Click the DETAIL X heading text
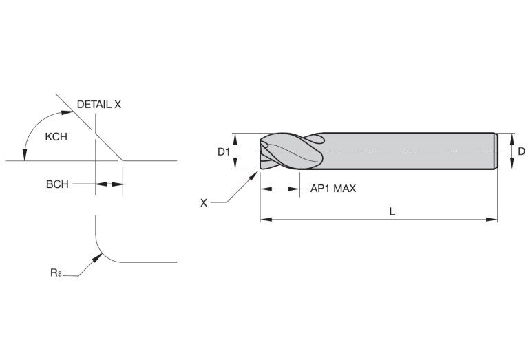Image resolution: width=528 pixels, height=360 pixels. coord(98,105)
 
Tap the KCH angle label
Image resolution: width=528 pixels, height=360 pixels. coord(56,137)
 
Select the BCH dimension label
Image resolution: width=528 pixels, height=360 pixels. coord(57,184)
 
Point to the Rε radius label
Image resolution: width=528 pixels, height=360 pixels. coord(56,273)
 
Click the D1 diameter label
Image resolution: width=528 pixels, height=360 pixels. coord(224,152)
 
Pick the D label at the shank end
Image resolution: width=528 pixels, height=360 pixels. coord(521,151)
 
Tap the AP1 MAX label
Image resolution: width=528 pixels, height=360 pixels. coord(332,189)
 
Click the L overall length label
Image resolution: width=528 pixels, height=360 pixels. coord(392,211)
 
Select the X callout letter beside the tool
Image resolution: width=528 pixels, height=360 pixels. coord(204,203)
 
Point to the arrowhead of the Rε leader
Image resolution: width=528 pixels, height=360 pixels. coord(98,257)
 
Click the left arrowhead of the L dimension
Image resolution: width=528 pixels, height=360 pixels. coord(266,220)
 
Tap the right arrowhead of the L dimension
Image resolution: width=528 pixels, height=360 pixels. coord(492,220)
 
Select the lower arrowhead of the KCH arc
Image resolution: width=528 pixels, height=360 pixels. coord(24,155)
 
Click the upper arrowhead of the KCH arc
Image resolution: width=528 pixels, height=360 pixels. coord(67,112)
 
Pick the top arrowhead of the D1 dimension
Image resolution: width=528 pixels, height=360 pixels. coord(235,139)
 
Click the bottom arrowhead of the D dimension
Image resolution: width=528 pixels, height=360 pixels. coord(512,162)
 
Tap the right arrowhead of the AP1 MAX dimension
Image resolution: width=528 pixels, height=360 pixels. coord(295,189)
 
